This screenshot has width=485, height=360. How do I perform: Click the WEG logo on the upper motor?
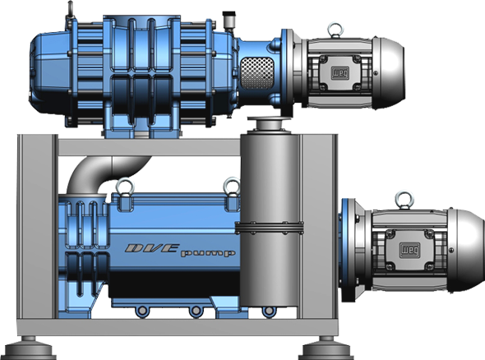(x=340, y=73)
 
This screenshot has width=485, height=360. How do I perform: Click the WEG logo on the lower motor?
(x=409, y=250)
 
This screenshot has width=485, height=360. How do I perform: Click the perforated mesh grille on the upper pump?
(x=257, y=74)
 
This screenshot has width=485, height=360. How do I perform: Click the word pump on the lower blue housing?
(x=208, y=253)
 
